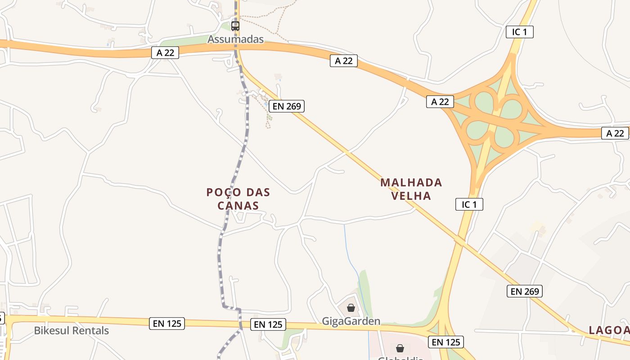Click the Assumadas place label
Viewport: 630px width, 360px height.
click(235, 39)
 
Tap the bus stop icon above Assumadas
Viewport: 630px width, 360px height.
click(235, 26)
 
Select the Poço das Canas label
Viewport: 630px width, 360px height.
click(238, 199)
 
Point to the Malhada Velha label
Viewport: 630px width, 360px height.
click(411, 189)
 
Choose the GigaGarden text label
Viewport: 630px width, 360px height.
click(351, 321)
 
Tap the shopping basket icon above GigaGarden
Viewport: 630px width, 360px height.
click(351, 308)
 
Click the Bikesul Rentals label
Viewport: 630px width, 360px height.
click(72, 331)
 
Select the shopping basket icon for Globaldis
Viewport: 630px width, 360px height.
click(400, 348)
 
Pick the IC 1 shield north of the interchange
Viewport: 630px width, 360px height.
click(519, 32)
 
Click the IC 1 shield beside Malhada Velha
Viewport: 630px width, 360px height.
click(469, 204)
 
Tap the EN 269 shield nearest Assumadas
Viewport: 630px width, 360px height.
click(287, 106)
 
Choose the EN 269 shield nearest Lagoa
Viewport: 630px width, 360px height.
click(525, 291)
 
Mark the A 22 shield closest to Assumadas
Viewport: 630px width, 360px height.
click(165, 53)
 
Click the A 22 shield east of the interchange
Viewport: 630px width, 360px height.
click(615, 133)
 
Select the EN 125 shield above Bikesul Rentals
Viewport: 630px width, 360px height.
click(167, 323)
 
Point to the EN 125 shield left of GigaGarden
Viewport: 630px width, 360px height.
click(268, 324)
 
